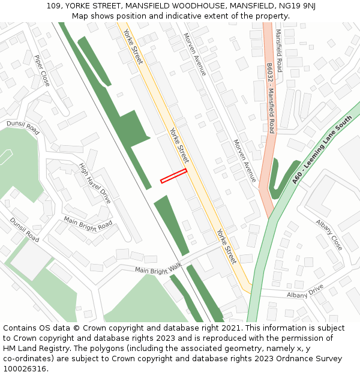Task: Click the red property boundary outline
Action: coord(173,175)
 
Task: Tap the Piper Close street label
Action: coord(42,70)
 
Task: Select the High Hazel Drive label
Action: coord(95,183)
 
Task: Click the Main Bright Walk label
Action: coord(158,270)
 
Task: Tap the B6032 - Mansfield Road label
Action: coord(271,99)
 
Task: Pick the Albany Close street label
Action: coord(329,235)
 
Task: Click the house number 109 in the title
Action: coord(53,6)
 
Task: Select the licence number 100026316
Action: coord(24,369)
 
